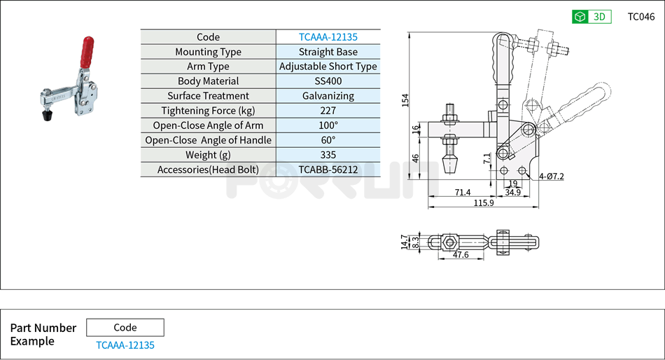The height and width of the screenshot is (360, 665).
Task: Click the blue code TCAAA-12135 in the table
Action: (x=328, y=37)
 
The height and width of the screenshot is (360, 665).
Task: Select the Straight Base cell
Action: (x=328, y=52)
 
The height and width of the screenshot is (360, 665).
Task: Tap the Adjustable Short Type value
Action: (x=328, y=67)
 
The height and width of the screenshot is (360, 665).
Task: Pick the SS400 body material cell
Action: (x=328, y=81)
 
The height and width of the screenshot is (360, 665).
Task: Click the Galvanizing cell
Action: (x=328, y=96)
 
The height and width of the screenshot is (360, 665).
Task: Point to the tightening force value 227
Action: (x=328, y=111)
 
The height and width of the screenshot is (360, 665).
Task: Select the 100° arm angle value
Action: (x=328, y=125)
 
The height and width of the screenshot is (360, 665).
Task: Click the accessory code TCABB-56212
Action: (x=328, y=169)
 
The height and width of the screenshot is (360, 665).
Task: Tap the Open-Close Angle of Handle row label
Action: (x=208, y=140)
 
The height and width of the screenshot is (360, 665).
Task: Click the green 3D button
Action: (x=591, y=17)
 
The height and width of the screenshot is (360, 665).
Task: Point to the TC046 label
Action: (x=640, y=17)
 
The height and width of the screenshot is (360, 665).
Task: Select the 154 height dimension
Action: (x=405, y=100)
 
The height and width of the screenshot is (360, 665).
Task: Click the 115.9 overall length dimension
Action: (x=482, y=203)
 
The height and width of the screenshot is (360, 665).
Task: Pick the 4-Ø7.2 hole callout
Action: (x=552, y=176)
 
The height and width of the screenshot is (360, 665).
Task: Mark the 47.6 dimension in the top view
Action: (x=459, y=256)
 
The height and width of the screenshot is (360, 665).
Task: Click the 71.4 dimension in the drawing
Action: (x=463, y=192)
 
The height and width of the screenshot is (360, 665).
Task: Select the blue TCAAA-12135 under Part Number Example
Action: (x=125, y=345)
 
